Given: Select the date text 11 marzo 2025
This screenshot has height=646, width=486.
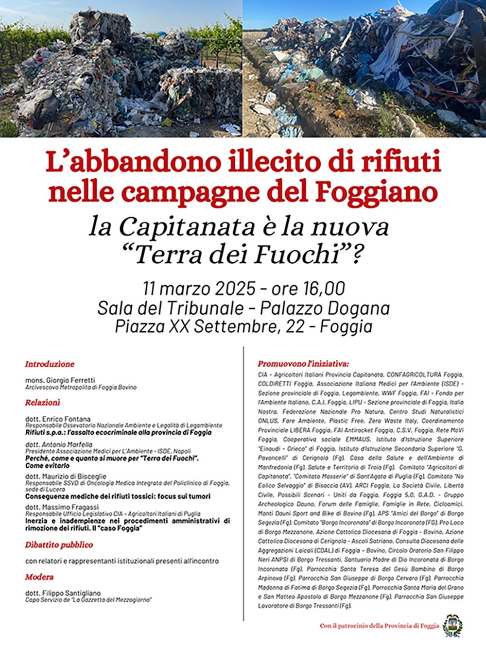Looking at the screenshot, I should tap(199, 289).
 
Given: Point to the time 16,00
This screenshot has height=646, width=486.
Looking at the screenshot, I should tap(324, 289).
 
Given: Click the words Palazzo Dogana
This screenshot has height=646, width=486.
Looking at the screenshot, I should tap(325, 308).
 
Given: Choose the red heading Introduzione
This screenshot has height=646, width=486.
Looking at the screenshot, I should tap(50, 364).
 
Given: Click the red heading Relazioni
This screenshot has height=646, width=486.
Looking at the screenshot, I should tap(43, 402).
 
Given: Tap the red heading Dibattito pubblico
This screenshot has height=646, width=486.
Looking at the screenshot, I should tap(59, 544).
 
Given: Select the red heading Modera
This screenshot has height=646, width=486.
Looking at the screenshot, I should tap(39, 577).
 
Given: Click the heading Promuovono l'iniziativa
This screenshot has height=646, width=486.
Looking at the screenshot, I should tap(303, 363).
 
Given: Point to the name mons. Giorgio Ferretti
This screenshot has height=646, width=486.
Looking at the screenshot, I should tap(60, 380).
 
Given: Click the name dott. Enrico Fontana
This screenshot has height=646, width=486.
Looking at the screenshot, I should tap(58, 419).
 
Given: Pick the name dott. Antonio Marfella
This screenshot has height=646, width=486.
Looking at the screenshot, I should tap(59, 444).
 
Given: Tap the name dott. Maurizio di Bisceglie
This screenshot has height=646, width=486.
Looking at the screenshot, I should tap(66, 476).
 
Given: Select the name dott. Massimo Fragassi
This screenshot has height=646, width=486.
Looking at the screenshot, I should tap(62, 507).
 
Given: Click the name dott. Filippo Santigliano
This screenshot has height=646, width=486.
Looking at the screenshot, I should tap(63, 593).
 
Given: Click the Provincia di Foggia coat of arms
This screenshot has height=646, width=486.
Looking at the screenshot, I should tap(452, 625).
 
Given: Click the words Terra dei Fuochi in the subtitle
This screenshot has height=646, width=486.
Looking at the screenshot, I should tap(237, 254).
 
